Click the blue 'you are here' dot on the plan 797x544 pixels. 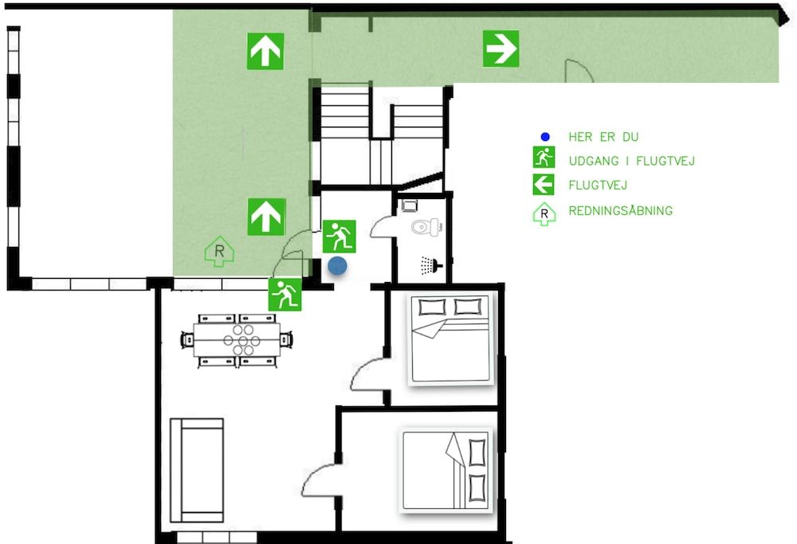[x=338, y=266]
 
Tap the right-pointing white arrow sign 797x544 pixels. [x=501, y=49]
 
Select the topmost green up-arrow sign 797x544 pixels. [x=265, y=52]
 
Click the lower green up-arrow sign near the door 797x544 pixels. [x=265, y=217]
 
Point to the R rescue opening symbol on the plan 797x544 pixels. [x=221, y=252]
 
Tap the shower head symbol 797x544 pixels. [x=431, y=264]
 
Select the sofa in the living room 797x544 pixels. [x=197, y=470]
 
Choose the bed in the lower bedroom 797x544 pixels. [x=447, y=470]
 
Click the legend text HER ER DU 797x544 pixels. [x=603, y=137]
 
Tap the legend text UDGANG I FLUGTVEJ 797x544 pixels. [x=631, y=161]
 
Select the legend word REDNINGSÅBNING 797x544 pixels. [x=620, y=211]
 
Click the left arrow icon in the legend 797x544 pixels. [x=544, y=186]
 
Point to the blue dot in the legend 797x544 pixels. [x=544, y=137]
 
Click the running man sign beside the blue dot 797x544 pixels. [x=340, y=237]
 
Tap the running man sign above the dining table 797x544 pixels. [x=285, y=295]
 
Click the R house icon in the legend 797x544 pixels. [x=544, y=213]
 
